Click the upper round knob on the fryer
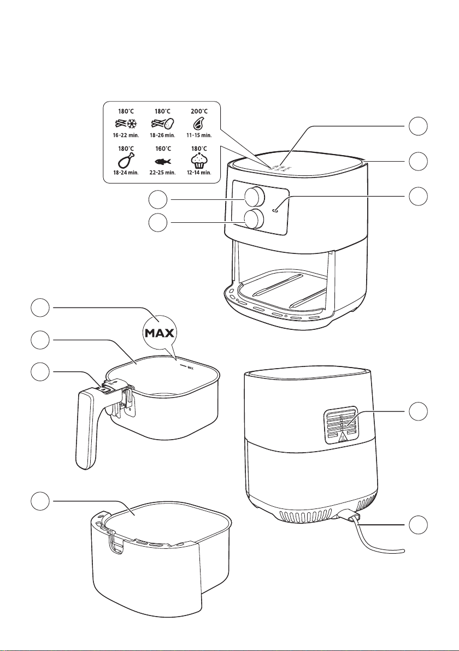(252, 196)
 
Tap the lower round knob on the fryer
(252, 219)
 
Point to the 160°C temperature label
(161, 149)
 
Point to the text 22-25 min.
(161, 172)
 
